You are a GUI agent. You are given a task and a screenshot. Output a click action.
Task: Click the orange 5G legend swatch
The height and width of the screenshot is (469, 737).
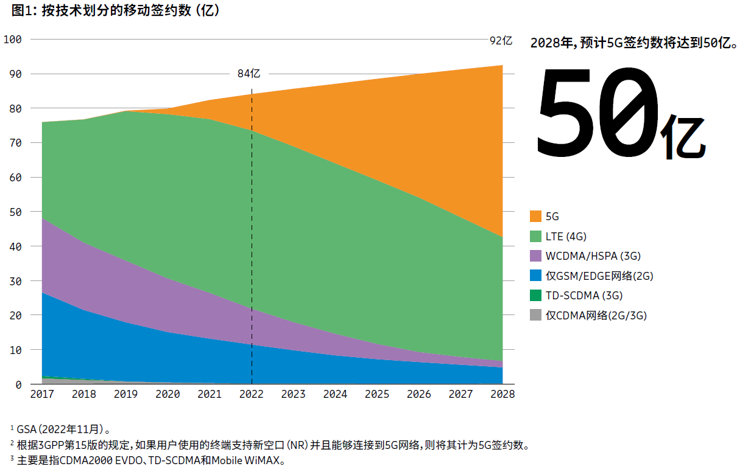(x=535, y=217)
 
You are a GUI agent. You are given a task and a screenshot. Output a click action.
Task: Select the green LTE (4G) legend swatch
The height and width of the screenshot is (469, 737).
(x=535, y=236)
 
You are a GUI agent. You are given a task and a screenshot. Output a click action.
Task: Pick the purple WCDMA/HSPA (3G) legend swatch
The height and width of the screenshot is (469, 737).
(x=535, y=256)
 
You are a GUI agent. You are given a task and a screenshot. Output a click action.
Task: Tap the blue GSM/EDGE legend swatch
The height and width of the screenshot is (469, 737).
(x=535, y=276)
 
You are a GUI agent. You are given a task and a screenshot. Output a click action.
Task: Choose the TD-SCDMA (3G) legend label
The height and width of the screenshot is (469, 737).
(x=584, y=296)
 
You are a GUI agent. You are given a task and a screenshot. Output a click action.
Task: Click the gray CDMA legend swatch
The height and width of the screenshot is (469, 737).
(x=535, y=315)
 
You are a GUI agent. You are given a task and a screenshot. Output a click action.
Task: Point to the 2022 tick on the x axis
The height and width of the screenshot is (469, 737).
(x=252, y=394)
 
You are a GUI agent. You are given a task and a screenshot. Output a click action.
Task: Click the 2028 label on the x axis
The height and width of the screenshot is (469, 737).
(x=503, y=394)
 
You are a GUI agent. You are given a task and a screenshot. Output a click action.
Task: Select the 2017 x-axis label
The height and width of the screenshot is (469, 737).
(x=42, y=394)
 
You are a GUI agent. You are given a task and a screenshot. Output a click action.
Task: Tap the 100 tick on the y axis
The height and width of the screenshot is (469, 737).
(x=12, y=40)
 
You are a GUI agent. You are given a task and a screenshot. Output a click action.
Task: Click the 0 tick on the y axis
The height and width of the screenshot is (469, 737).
(x=18, y=384)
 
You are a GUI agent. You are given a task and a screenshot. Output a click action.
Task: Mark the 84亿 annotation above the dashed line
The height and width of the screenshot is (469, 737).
(x=249, y=74)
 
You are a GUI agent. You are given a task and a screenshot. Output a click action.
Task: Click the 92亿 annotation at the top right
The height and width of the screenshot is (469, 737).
(x=501, y=41)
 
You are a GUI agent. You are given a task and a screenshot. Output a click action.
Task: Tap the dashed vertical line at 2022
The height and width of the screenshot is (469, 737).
(x=252, y=243)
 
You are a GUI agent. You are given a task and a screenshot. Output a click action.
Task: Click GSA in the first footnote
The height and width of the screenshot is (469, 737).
(x=26, y=429)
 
